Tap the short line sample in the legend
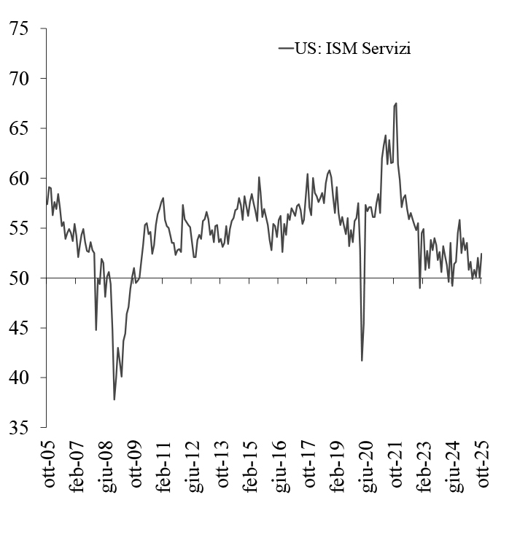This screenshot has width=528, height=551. tap(285, 49)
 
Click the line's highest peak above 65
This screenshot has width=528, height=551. tap(395, 103)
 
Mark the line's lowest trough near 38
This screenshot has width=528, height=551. tap(114, 399)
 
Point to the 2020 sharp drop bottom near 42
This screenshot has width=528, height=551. tap(362, 360)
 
